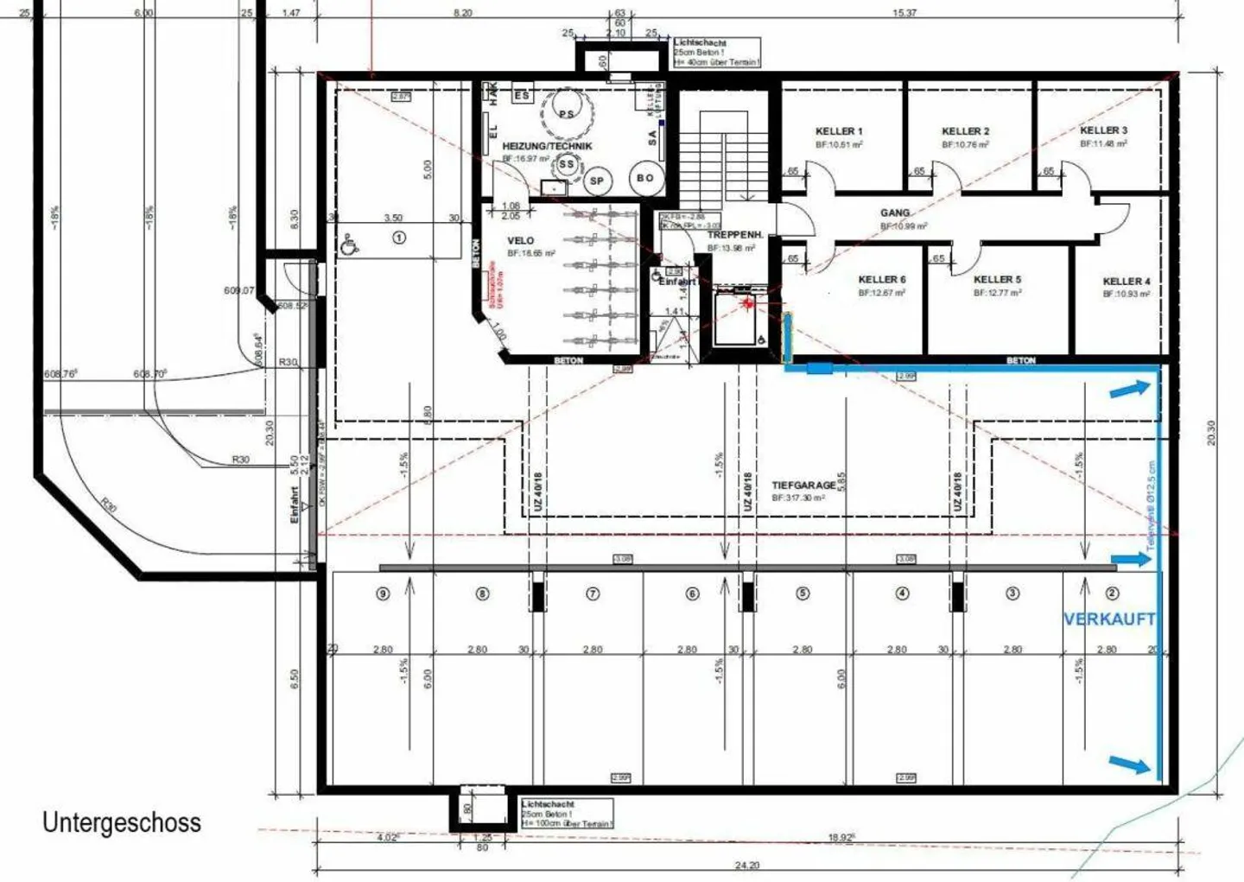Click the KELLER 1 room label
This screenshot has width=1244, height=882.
pos(838,131)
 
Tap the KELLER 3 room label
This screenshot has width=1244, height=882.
pos(1103,130)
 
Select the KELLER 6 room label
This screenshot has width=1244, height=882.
pos(881,280)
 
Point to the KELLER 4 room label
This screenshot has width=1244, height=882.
pos(1126,282)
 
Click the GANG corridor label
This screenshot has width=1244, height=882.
pos(895,213)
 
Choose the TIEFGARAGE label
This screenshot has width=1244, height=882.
pos(803,485)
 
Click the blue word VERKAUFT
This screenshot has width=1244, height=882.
pos(1108,619)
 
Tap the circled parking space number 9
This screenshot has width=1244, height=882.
pos(383,593)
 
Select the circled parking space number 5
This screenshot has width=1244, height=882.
pos(803,593)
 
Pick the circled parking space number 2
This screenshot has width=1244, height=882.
pos(1112,593)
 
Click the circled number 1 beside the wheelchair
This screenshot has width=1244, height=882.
pos(398,237)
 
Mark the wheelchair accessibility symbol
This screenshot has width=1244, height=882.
pos(349,244)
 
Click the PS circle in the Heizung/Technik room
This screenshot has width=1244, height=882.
pos(567,114)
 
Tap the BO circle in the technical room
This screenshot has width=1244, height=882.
pos(644,178)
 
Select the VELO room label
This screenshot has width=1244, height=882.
pos(520,241)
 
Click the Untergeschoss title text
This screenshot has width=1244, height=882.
pos(122,822)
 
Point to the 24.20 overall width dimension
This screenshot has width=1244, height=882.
pos(747,865)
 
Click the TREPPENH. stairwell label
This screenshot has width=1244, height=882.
pos(734,235)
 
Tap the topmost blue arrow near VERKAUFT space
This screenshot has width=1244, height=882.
pos(1129,390)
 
